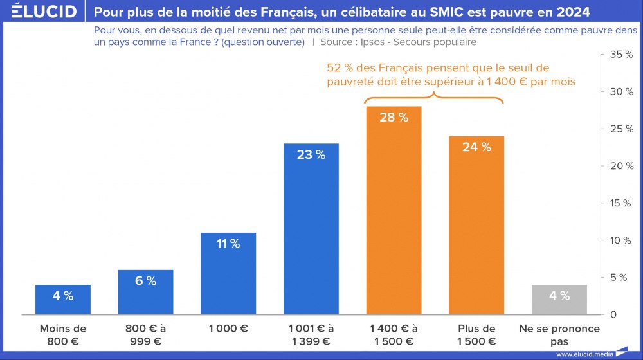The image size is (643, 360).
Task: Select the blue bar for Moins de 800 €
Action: (x=63, y=300)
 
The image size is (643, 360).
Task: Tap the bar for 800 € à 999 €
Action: (x=146, y=292)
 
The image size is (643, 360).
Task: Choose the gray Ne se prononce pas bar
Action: (x=559, y=300)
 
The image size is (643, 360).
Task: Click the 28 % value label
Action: (x=394, y=117)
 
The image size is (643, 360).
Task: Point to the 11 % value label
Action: (x=228, y=244)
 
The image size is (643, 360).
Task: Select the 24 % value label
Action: (x=476, y=147)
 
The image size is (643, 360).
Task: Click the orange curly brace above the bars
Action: (x=434, y=97)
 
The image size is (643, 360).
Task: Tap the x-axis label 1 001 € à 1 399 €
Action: (x=311, y=334)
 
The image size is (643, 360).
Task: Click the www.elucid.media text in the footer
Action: (x=583, y=354)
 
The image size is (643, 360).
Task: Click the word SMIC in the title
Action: (x=453, y=12)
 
